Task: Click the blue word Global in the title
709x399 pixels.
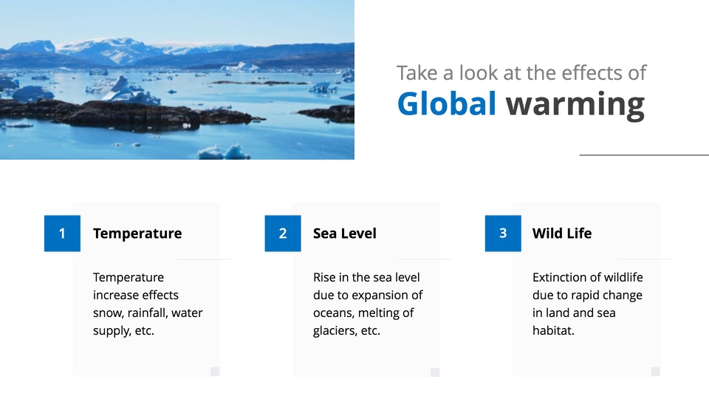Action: [x=446, y=103]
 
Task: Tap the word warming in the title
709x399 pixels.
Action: [x=575, y=106]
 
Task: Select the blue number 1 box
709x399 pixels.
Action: [x=62, y=233]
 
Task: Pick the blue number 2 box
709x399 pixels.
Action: [x=283, y=233]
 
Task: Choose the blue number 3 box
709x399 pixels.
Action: [x=503, y=233]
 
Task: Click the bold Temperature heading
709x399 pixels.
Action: [x=137, y=233]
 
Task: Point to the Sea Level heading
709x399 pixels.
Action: [x=345, y=233]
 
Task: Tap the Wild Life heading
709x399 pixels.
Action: [x=562, y=233]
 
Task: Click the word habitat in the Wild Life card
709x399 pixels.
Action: [x=553, y=331]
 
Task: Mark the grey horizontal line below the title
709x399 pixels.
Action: [x=644, y=155]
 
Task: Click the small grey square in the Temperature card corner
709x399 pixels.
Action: [x=215, y=372]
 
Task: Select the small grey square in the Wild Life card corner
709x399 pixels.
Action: [x=655, y=372]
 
